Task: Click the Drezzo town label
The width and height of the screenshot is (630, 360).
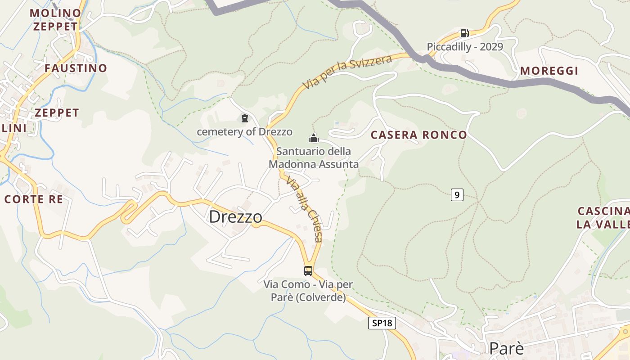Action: (x=235, y=217)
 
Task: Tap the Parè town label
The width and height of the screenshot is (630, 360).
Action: (x=506, y=348)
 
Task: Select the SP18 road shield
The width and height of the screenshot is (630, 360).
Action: (x=382, y=323)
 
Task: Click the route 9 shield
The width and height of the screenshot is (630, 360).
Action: (x=457, y=195)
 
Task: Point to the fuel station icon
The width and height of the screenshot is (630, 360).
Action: (x=464, y=33)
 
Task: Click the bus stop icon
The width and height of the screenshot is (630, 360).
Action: (x=308, y=271)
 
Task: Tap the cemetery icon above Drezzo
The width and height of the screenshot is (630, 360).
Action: (x=245, y=118)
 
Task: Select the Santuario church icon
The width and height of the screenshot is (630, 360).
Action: (x=314, y=138)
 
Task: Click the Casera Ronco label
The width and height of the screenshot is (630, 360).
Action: (x=418, y=135)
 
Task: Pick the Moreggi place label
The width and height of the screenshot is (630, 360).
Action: (x=549, y=71)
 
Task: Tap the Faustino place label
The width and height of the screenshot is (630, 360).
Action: (x=76, y=68)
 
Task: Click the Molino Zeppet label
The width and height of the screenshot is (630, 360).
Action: (x=55, y=19)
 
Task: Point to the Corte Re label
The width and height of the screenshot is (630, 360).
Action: (x=33, y=199)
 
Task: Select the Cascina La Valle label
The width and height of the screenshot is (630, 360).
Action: (x=603, y=217)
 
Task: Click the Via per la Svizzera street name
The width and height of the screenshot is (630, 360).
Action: (x=346, y=72)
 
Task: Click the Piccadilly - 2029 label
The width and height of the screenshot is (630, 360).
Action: (x=465, y=47)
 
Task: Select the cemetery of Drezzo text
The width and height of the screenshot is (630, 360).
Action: (x=244, y=132)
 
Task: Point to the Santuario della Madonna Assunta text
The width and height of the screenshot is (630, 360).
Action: (x=314, y=157)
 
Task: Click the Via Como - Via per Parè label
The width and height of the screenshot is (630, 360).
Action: (x=308, y=291)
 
